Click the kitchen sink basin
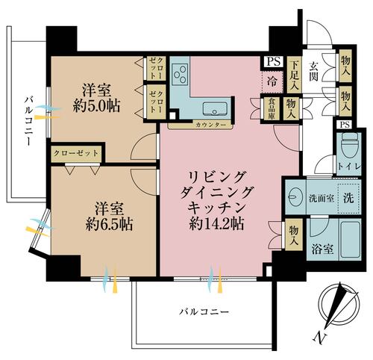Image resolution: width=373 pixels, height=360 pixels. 215,109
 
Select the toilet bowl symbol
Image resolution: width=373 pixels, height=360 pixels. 348,148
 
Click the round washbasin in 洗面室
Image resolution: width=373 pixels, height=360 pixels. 296,196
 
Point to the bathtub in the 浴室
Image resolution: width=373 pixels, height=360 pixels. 350,240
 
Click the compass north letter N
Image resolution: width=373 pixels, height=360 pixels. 319,339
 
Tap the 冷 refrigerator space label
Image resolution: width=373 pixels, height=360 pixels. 272,81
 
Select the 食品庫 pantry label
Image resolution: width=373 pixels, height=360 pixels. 272,109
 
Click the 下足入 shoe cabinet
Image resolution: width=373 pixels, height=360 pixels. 295,75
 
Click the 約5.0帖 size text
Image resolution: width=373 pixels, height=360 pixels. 96,106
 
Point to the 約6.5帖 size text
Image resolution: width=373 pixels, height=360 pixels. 109,224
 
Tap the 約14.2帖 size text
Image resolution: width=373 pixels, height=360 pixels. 216,223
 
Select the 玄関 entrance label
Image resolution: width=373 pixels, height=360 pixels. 314,72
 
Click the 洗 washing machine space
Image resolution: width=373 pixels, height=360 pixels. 348,198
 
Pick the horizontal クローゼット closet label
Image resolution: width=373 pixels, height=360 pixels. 76,153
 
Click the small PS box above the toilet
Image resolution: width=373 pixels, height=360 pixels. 345,125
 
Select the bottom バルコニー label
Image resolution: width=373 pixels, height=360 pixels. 204,311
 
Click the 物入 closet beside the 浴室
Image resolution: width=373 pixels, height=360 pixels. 293,235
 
